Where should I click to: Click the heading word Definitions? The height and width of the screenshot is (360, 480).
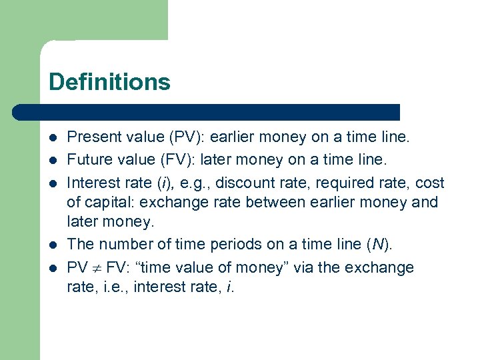[109, 82]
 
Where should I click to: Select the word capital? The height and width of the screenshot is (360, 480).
[109, 202]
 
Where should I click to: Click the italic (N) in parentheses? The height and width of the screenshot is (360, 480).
[379, 244]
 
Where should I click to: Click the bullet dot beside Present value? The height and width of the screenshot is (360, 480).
[53, 138]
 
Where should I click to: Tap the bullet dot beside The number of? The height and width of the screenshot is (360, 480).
[53, 245]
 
